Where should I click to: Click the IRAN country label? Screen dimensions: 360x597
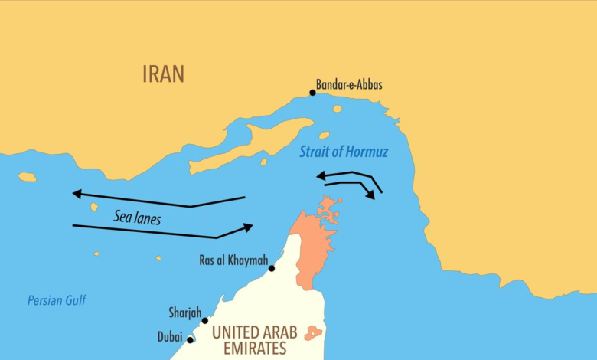tap(163, 74)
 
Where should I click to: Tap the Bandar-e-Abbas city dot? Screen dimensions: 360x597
tap(312, 93)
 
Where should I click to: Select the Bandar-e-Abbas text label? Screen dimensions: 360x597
tap(349, 85)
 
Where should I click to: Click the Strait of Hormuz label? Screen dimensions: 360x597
tap(344, 152)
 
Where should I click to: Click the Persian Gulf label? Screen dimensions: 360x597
tap(57, 301)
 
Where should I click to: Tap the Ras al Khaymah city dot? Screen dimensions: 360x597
tap(272, 269)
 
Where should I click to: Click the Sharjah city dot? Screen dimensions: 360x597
tap(204, 321)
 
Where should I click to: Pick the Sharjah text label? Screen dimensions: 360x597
tap(184, 313)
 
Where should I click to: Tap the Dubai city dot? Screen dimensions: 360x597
tap(190, 340)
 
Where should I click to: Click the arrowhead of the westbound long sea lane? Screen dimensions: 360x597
tap(77, 194)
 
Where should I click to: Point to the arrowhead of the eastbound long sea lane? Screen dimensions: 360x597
tap(247, 226)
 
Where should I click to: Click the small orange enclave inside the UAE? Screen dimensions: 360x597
tap(312, 333)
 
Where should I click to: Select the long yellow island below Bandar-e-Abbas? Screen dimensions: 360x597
tap(253, 146)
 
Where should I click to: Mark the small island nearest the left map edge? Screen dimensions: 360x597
tap(28, 177)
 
